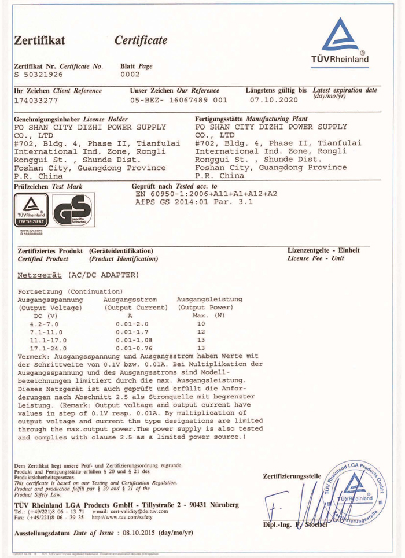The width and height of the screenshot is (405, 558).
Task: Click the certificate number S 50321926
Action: (x=40, y=74)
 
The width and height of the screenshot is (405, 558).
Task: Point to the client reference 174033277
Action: (x=40, y=100)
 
